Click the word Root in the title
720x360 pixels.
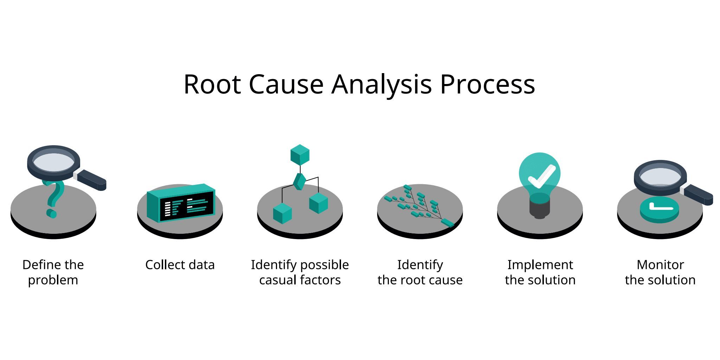pyautogui.click(x=212, y=84)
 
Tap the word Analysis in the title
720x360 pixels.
pyautogui.click(x=381, y=84)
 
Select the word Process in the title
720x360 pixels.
pyautogui.click(x=487, y=84)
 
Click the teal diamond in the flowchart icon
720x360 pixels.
pyautogui.click(x=300, y=181)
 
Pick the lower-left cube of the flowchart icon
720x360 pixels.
pyautogui.click(x=282, y=213)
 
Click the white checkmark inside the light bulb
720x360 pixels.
pyautogui.click(x=541, y=176)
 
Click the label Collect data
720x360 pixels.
pyautogui.click(x=180, y=265)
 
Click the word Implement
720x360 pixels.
pyautogui.click(x=540, y=265)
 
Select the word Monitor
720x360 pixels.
pyautogui.click(x=660, y=265)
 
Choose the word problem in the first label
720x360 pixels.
pyautogui.click(x=53, y=280)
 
